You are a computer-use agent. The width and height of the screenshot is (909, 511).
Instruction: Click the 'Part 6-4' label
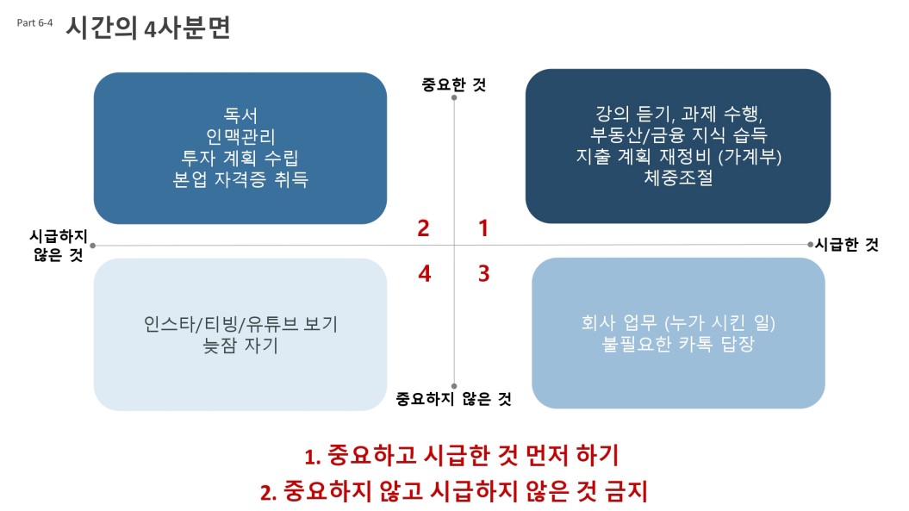(34, 22)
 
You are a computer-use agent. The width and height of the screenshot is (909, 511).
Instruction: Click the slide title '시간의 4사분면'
(148, 28)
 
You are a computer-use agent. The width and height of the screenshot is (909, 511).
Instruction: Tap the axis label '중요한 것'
(454, 84)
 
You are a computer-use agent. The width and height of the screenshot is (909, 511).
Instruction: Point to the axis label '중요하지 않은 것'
(454, 398)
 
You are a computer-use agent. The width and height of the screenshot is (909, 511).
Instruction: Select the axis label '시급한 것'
(847, 244)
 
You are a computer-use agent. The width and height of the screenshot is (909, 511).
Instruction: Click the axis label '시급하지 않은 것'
(59, 245)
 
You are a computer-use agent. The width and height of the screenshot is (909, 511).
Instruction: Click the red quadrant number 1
(483, 228)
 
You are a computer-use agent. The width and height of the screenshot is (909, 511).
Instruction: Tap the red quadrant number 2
(423, 228)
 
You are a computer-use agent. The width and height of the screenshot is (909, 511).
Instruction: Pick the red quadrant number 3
(483, 273)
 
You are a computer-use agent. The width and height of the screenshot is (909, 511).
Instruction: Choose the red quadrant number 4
(425, 273)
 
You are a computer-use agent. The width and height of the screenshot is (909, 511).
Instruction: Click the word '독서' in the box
(240, 115)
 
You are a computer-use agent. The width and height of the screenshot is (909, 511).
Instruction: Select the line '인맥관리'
(240, 136)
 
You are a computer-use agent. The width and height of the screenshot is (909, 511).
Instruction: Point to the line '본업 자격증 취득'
(240, 178)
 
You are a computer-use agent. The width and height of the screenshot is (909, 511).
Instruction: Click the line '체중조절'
(678, 177)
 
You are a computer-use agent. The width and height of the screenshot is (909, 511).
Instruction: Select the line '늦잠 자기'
(240, 345)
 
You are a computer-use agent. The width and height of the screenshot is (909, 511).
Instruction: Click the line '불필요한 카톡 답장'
(678, 343)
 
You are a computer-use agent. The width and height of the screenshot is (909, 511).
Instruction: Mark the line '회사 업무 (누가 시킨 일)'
(678, 322)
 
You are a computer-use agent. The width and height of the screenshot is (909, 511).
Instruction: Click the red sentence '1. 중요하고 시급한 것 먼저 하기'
(462, 455)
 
